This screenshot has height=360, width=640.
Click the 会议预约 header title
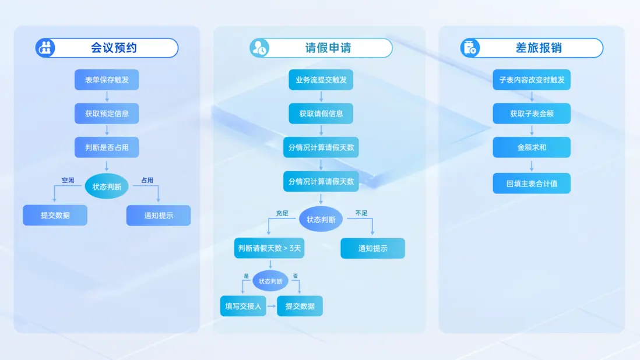114,48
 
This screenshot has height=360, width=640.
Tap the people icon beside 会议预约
45,48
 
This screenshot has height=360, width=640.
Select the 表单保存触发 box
107,79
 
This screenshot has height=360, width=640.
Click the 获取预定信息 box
107,114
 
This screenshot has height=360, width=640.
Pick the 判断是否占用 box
107,147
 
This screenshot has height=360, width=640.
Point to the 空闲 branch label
68,180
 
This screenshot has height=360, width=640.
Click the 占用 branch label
147,180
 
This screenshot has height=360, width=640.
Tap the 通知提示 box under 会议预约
159,216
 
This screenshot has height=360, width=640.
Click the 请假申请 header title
328,48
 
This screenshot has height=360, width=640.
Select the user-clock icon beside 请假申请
259,48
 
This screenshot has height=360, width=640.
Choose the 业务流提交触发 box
321,79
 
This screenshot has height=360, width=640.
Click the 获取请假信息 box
321,114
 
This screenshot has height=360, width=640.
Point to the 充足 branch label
282,213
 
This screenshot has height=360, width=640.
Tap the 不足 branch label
361,213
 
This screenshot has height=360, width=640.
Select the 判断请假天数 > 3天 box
269,248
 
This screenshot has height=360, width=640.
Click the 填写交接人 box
243,306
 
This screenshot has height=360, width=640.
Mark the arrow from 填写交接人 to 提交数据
272,306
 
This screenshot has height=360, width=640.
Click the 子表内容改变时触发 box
532,79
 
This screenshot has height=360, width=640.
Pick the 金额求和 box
532,147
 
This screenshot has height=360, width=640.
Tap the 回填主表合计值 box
532,183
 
